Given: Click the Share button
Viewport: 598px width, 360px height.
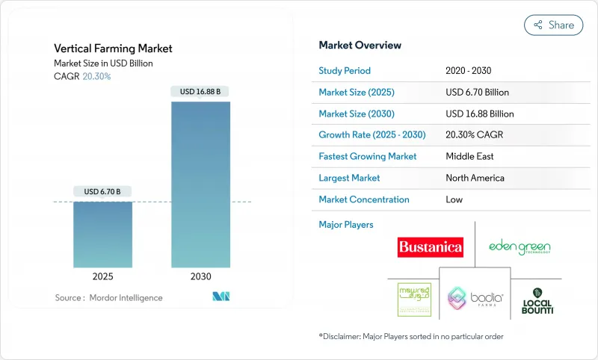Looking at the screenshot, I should point(553,25).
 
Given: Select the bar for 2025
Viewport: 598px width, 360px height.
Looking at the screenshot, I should point(102,234).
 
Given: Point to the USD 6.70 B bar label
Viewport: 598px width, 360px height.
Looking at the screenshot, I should point(102,192).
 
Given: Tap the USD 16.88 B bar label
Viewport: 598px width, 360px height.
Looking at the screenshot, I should point(200,92).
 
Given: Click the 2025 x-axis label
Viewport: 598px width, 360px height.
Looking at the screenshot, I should point(102,276).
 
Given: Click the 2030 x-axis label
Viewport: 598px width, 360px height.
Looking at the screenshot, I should point(200,276).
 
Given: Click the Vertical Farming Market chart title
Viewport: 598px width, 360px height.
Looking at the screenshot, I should point(113,49).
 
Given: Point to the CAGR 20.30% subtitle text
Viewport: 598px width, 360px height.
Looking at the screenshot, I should point(82,76).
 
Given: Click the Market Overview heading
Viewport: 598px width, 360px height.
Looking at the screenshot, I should point(360,46).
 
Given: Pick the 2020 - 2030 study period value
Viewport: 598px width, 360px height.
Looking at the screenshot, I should point(469,71).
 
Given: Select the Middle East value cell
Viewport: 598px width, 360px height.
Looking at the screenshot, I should point(469,157).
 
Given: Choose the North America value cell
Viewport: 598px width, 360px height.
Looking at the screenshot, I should point(474,178).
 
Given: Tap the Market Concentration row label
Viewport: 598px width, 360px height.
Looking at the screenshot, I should point(364,199).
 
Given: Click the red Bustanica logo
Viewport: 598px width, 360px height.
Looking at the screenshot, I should point(431,246).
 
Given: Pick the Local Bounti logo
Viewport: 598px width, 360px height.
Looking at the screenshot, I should point(537,300).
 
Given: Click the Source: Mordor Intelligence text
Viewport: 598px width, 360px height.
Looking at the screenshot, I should point(108,297).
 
